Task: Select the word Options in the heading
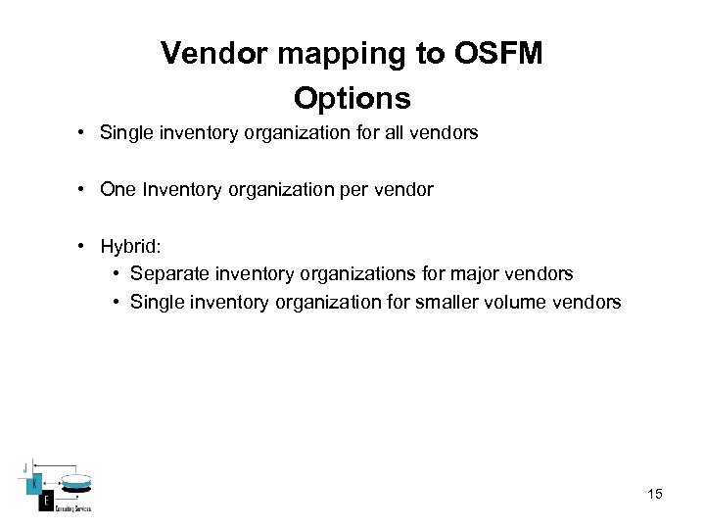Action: (x=352, y=99)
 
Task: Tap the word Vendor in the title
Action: (x=214, y=54)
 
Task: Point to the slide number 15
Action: (x=654, y=494)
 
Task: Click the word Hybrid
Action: (x=132, y=246)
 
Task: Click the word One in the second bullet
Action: (x=117, y=189)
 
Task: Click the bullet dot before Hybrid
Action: (x=85, y=246)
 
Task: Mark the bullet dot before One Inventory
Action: (x=85, y=189)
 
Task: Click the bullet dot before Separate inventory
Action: (x=117, y=274)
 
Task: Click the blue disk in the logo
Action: (x=77, y=484)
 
